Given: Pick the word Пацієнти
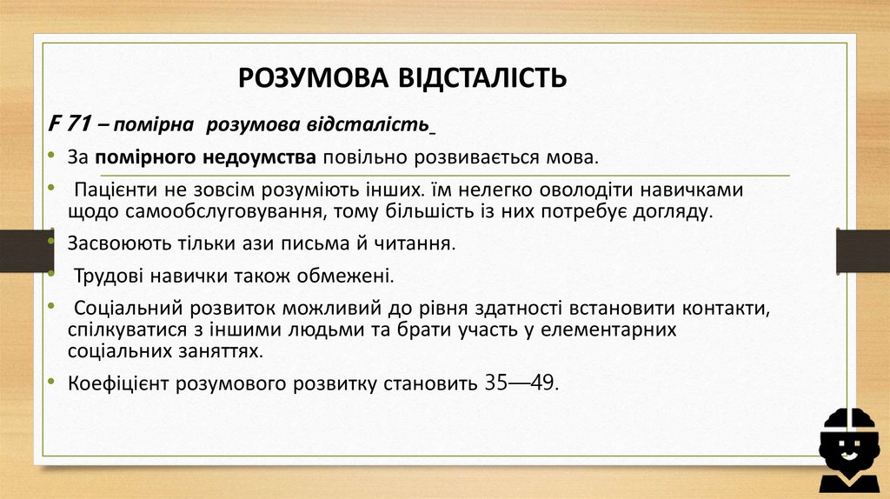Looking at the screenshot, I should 111,190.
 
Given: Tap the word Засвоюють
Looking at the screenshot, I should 110,244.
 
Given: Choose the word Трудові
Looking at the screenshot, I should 108,276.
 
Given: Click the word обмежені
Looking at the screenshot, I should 351,276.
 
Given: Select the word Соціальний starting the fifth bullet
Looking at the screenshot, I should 124,309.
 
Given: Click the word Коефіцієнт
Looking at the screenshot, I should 118,383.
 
